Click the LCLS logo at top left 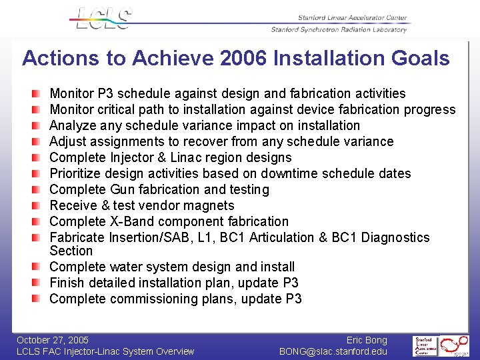pyautogui.click(x=103, y=18)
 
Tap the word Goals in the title pyautogui.click(x=418, y=59)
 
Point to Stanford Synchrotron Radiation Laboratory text pyautogui.click(x=339, y=29)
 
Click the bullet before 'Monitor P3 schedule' pyautogui.click(x=42, y=93)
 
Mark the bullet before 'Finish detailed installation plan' pyautogui.click(x=42, y=283)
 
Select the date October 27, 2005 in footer pyautogui.click(x=53, y=340)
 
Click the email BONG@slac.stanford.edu pyautogui.click(x=333, y=351)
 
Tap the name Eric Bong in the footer pyautogui.click(x=367, y=340)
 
